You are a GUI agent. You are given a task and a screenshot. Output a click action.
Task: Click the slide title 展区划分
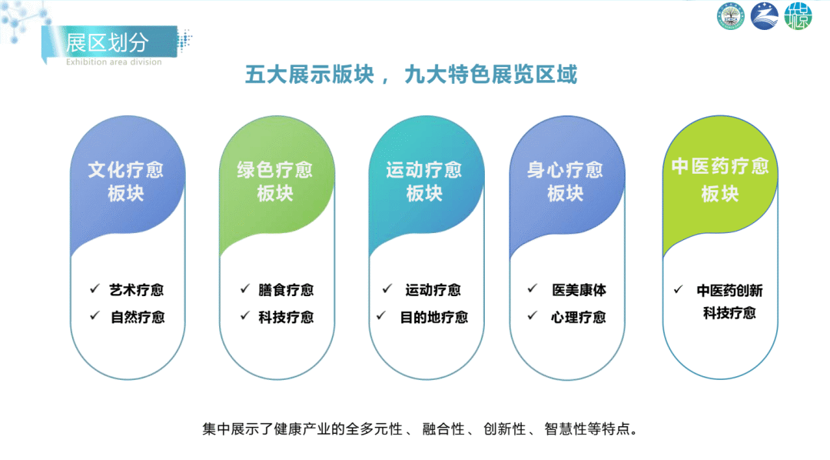(x=107, y=42)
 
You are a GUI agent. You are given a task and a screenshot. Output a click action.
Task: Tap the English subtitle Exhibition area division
(x=114, y=62)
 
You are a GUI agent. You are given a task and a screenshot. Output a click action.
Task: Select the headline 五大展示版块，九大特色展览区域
(x=410, y=75)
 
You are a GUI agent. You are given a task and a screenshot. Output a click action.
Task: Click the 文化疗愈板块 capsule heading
(x=126, y=182)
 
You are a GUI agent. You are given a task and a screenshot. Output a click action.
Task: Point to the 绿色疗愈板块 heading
(x=274, y=182)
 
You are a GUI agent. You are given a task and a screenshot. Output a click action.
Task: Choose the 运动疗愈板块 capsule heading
(x=424, y=182)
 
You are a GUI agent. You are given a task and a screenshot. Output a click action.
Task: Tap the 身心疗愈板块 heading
(x=565, y=182)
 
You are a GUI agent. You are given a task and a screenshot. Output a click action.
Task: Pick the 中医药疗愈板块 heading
(x=720, y=180)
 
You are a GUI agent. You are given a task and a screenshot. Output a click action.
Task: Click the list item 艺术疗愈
(x=137, y=290)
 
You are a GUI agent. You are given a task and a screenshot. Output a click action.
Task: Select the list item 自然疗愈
(x=138, y=317)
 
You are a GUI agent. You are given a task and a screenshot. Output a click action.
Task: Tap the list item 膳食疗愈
(x=286, y=290)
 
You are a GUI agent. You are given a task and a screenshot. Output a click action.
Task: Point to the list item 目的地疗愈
(x=434, y=317)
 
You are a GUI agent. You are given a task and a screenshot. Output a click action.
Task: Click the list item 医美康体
(x=579, y=290)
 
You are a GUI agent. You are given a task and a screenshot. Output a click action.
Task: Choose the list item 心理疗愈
(x=579, y=317)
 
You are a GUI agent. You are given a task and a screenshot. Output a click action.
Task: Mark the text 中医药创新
(x=729, y=291)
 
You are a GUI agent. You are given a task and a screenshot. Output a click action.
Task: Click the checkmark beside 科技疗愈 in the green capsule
(x=244, y=316)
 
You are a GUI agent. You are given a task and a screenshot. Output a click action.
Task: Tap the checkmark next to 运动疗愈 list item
(x=387, y=288)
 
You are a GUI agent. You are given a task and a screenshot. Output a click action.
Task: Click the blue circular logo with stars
(x=765, y=16)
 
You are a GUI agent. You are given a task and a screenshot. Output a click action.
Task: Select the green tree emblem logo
(x=731, y=16)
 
